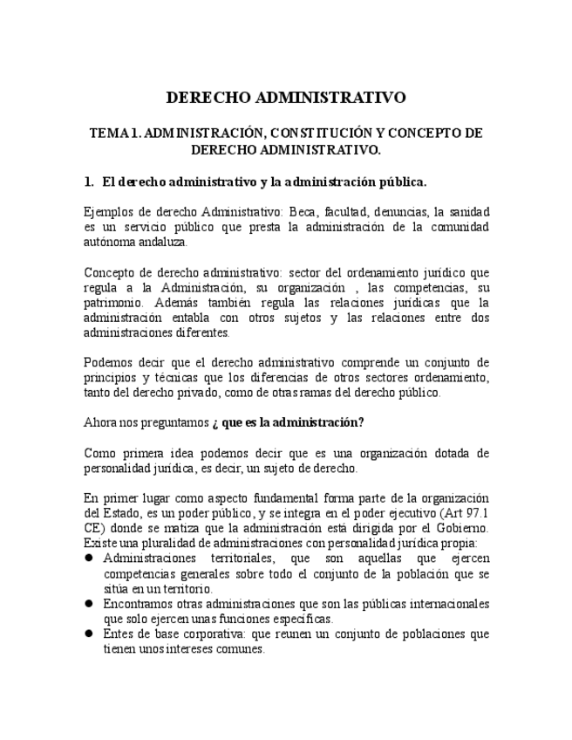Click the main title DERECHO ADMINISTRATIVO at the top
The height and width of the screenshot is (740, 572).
click(x=286, y=97)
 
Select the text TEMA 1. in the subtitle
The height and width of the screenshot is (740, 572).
click(x=115, y=134)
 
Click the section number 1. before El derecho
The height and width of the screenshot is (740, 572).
click(x=89, y=182)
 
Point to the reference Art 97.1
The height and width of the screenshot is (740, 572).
click(x=461, y=513)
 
